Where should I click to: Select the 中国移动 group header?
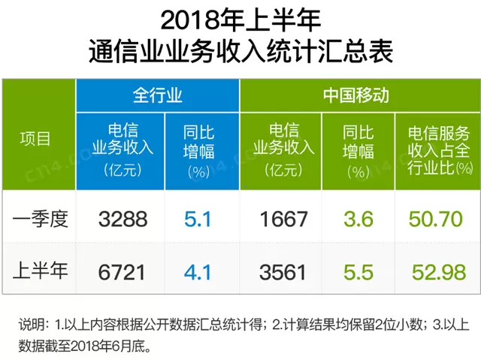pyautogui.click(x=356, y=95)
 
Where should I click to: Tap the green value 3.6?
pyautogui.click(x=358, y=219)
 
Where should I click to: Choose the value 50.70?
pyautogui.click(x=436, y=219)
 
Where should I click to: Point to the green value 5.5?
pyautogui.click(x=358, y=271)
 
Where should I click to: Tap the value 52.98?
pyautogui.click(x=436, y=271)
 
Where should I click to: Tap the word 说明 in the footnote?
pyautogui.click(x=32, y=325)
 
